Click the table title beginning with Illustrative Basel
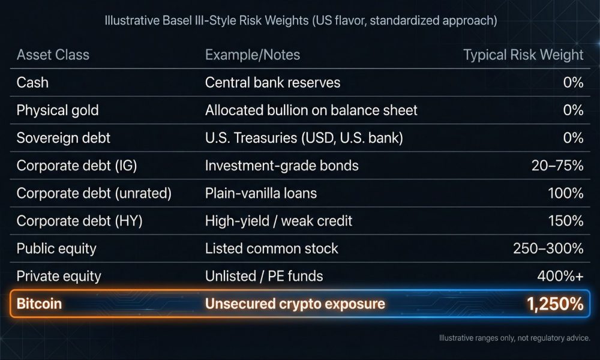301,20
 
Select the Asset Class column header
53,55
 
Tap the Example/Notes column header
253,55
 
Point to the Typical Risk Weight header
523,55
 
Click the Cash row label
32,83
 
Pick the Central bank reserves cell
272,83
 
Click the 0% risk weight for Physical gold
573,110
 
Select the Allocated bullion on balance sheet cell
311,110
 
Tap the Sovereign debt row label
63,138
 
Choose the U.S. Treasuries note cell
304,138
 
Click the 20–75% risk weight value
557,166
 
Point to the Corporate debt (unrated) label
94,193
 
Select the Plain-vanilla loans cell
261,193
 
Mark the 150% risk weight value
566,221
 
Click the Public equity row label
56,248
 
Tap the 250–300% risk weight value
548,248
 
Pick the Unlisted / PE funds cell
264,276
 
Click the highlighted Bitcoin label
39,304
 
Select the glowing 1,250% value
555,304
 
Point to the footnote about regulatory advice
515,338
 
